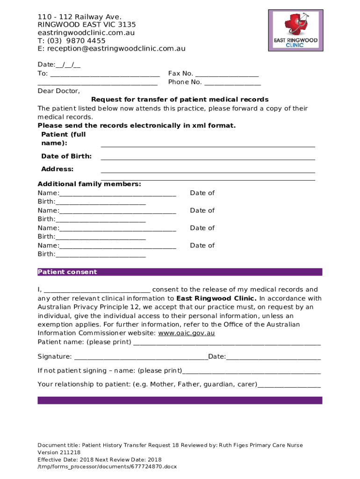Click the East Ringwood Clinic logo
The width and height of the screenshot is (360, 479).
tap(295, 30)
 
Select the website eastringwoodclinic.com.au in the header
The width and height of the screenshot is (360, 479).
tap(86, 33)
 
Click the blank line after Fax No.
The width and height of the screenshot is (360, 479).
tap(227, 74)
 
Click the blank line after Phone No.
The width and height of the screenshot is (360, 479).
tap(232, 82)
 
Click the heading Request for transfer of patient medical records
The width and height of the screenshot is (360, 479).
tap(180, 100)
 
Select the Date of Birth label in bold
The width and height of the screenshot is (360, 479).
tap(66, 156)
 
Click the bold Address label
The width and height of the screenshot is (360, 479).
tap(57, 169)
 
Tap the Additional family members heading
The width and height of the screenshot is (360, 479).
tap(89, 184)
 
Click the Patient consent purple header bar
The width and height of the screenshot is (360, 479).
tap(180, 272)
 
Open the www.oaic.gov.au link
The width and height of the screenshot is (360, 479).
tap(187, 333)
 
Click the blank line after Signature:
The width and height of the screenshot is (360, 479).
tap(141, 357)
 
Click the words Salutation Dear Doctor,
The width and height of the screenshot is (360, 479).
tap(59, 91)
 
